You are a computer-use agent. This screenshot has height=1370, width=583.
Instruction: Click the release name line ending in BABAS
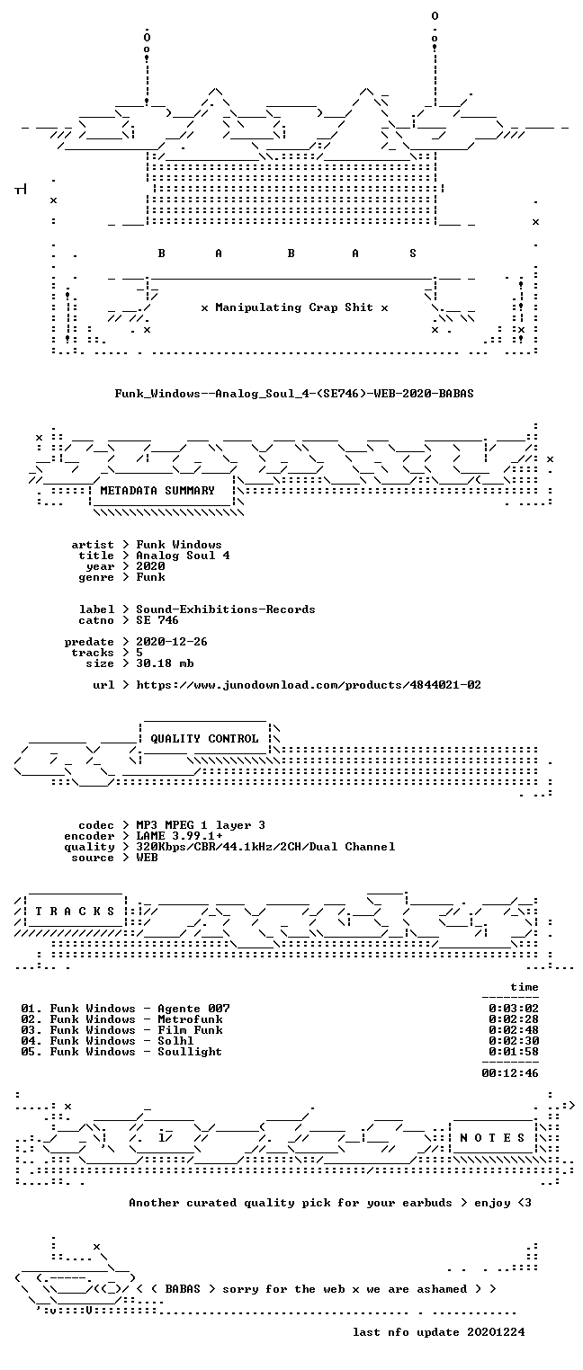[x=294, y=394]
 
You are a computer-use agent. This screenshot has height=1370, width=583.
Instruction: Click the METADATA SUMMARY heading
[x=157, y=491]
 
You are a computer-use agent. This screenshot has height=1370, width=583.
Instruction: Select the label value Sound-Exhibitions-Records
[x=225, y=609]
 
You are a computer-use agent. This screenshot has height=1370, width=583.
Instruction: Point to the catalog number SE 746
[x=157, y=620]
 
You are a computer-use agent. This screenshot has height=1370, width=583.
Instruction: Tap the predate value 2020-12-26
[x=172, y=642]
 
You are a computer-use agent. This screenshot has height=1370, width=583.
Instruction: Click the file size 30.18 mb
[x=165, y=663]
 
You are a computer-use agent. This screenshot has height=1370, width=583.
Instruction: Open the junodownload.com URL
[x=309, y=685]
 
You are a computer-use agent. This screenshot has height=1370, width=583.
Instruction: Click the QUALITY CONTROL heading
[x=204, y=739]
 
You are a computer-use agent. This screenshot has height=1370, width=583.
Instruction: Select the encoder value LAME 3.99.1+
[x=179, y=836]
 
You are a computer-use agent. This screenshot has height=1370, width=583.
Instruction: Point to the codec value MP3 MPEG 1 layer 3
[x=201, y=825]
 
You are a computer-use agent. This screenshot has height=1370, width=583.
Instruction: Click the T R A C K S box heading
[x=75, y=912]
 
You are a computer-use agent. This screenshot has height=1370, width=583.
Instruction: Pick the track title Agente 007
[x=193, y=1009]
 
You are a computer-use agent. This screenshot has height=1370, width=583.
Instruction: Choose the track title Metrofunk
[x=190, y=1019]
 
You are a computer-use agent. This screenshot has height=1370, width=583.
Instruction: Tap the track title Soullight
[x=190, y=1052]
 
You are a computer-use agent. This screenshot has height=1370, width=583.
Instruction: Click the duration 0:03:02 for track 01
[x=514, y=1009]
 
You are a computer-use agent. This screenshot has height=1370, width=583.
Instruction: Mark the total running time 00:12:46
[x=510, y=1073]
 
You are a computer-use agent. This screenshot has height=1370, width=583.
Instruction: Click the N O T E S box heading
[x=492, y=1138]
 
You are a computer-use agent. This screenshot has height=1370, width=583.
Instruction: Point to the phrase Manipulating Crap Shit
[x=294, y=307]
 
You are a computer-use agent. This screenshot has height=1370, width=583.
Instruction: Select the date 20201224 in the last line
[x=496, y=1332]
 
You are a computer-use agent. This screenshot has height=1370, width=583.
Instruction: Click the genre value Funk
[x=150, y=577]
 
